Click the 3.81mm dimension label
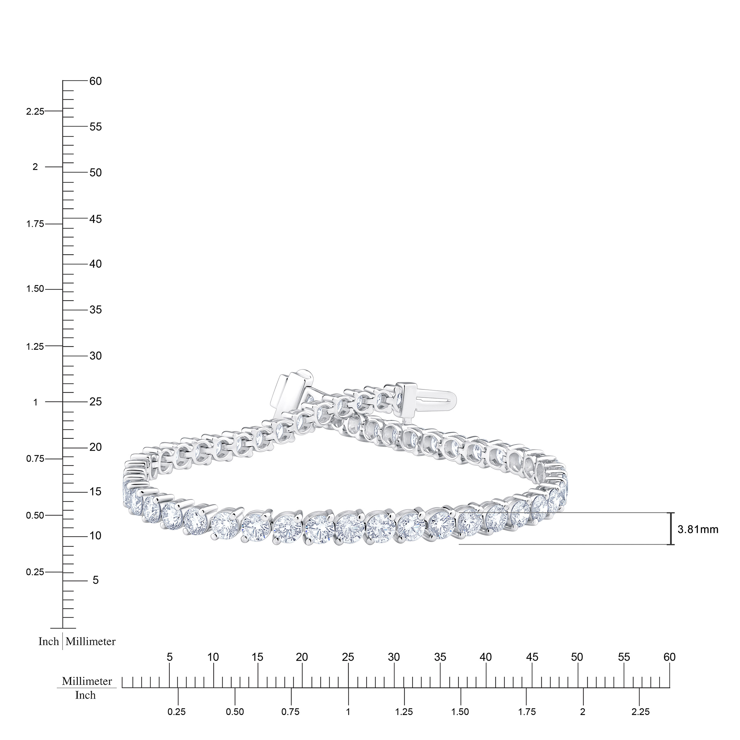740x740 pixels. [698, 530]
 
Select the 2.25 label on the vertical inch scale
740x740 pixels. [35, 111]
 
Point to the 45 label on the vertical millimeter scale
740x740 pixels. [95, 219]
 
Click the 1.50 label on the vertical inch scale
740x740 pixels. [35, 289]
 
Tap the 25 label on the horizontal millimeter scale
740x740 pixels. [348, 657]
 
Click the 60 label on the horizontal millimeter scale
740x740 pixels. [669, 657]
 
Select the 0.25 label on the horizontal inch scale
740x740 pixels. [177, 712]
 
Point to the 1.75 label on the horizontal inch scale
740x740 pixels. [527, 712]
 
